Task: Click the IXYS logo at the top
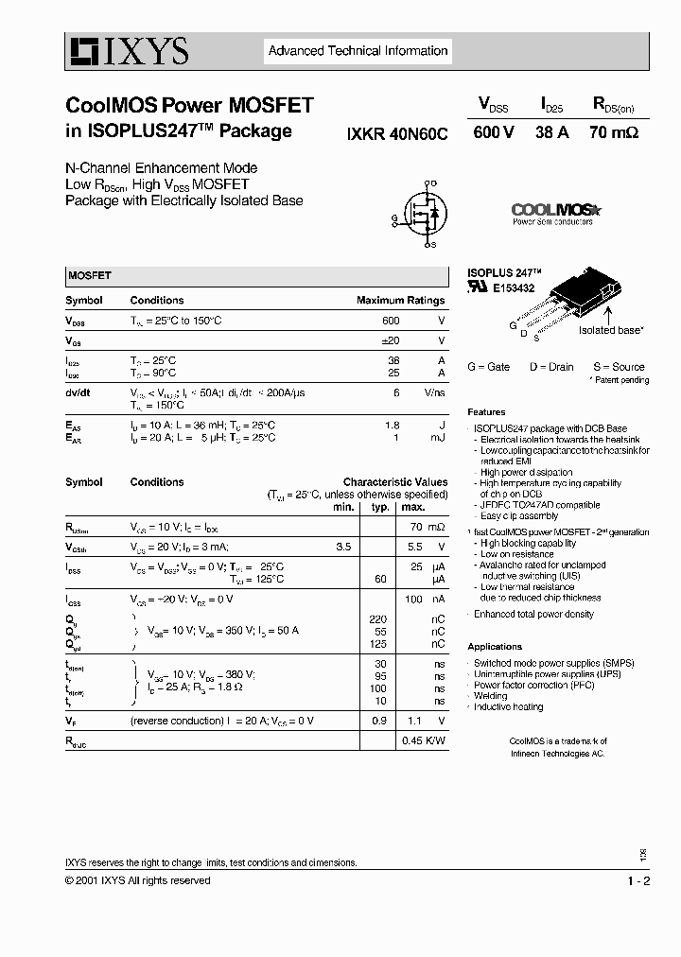tap(128, 51)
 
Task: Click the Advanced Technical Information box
tap(358, 51)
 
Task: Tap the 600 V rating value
tap(493, 133)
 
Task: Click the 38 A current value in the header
tap(551, 133)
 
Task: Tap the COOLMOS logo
tap(556, 211)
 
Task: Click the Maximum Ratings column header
tap(400, 300)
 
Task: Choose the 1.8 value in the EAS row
tap(393, 426)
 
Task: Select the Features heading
tap(486, 412)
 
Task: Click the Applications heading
tap(495, 647)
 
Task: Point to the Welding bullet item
tap(491, 696)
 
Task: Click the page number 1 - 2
tap(638, 881)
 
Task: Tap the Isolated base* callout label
tap(611, 330)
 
